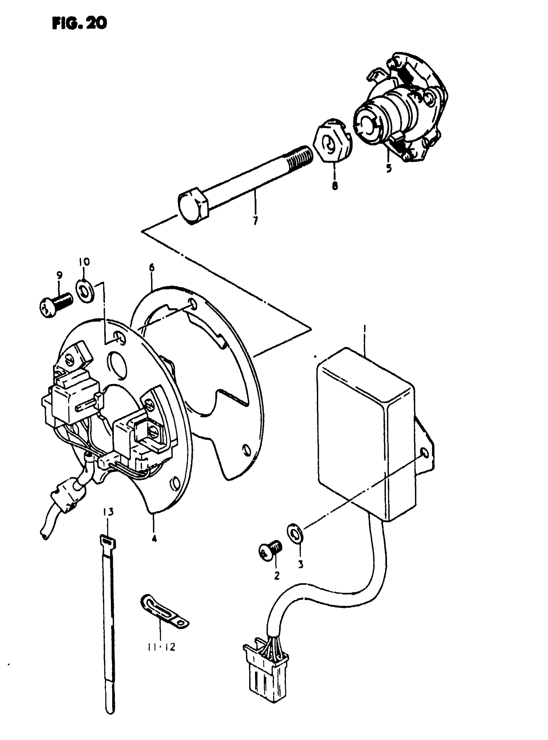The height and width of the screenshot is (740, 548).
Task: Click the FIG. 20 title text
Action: click(80, 23)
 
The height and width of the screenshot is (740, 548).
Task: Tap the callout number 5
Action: click(388, 168)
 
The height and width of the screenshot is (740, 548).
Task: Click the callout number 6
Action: click(152, 267)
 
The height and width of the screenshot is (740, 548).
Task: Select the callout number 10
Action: click(84, 262)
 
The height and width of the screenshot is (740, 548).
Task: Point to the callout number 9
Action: click(59, 275)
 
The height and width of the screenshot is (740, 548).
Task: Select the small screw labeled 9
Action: click(55, 304)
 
